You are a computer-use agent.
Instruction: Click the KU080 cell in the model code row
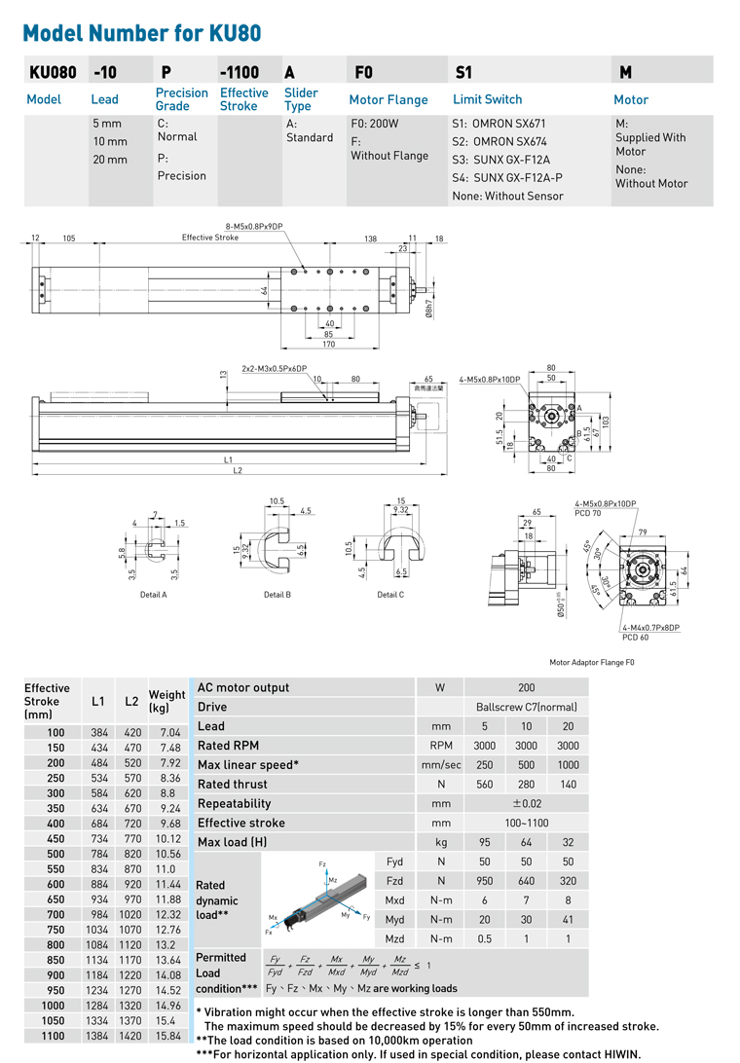point(48,71)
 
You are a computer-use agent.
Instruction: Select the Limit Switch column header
point(487,99)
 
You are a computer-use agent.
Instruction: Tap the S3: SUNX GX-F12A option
point(501,160)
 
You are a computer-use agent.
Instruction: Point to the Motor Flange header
point(388,99)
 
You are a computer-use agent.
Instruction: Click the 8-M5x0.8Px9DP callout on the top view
point(254,226)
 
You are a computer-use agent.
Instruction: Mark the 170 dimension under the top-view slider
point(328,343)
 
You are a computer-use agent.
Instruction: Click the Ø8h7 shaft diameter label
point(428,307)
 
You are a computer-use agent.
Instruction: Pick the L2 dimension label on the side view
point(237,471)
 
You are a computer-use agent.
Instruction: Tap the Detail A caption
point(154,595)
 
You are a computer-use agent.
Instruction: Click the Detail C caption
point(388,595)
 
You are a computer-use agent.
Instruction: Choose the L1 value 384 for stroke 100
point(99,732)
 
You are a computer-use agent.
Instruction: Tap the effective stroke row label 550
point(56,868)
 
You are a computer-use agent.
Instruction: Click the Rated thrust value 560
point(484,784)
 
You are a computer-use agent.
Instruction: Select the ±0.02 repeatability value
point(526,803)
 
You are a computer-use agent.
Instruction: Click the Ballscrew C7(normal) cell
point(526,707)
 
